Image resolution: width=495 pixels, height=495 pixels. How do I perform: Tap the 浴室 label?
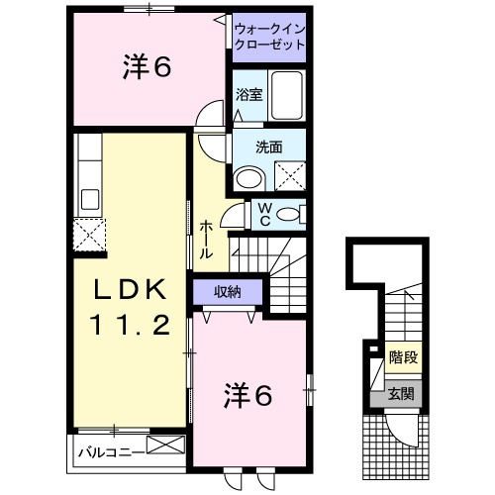(247, 95)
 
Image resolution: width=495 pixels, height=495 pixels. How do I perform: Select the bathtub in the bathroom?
(287, 97)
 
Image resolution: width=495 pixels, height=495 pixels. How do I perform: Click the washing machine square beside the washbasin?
(289, 174)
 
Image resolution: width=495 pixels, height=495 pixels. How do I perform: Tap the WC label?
(264, 214)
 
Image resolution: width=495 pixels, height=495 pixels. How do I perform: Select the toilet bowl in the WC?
(290, 214)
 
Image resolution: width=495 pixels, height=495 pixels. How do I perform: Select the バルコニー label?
(110, 450)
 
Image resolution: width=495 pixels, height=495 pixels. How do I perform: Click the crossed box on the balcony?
(165, 445)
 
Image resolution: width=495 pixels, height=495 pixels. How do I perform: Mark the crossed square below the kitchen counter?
(88, 237)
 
